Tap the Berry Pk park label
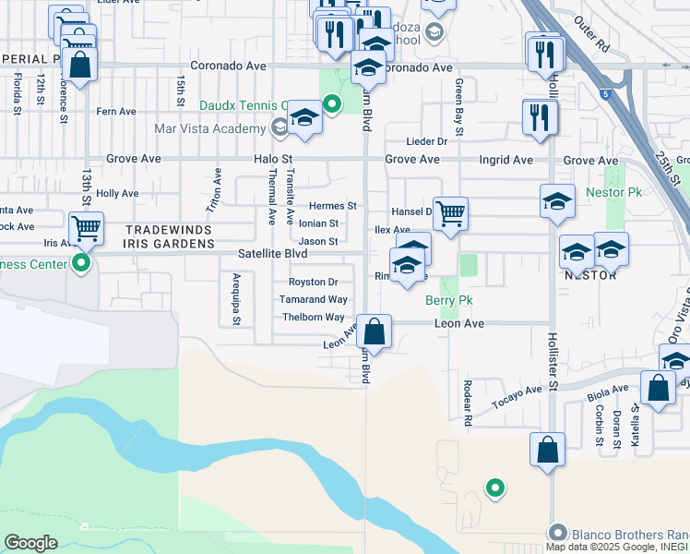[x=448, y=300]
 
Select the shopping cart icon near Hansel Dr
[x=450, y=214]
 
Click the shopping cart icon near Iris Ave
[x=86, y=227]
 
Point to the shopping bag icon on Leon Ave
[x=375, y=331]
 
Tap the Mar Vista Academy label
[x=210, y=127]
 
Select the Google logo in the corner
[x=30, y=543]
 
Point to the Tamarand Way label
[x=315, y=299]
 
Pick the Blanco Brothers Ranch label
[x=618, y=534]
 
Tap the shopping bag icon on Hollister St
[x=548, y=450]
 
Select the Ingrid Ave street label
[x=506, y=160]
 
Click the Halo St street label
[x=273, y=160]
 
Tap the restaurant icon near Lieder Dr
[x=538, y=116]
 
